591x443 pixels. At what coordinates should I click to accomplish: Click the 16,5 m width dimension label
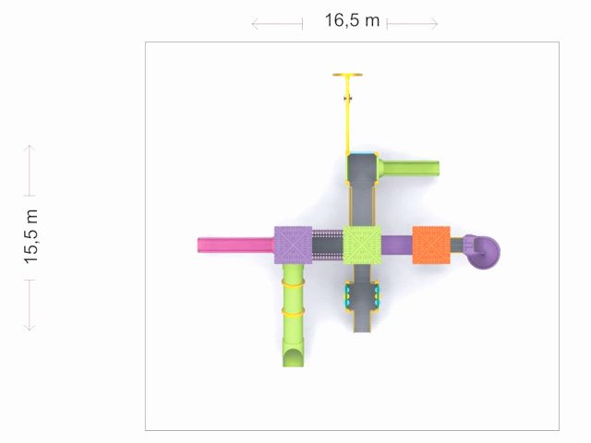352,20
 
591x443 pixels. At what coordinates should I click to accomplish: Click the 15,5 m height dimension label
31,236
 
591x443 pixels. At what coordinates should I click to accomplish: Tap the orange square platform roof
431,245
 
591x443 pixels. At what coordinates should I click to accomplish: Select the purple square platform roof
294,245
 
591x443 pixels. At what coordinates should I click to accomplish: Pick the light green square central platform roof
362,245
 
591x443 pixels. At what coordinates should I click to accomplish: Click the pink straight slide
236,245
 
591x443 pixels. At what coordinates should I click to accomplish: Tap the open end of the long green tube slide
294,358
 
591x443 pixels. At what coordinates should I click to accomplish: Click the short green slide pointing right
409,168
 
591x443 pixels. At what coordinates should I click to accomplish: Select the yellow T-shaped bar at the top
347,75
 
